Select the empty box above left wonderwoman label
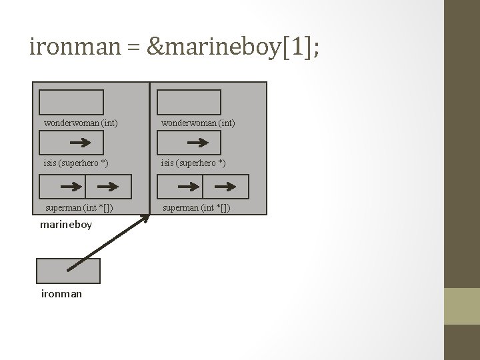(71, 102)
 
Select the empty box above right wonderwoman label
(189, 102)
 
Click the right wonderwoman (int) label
(197, 123)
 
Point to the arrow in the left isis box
(81, 143)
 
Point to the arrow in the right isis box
(199, 143)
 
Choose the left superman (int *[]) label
(79, 208)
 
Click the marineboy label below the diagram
(66, 225)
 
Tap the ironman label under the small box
(61, 293)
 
